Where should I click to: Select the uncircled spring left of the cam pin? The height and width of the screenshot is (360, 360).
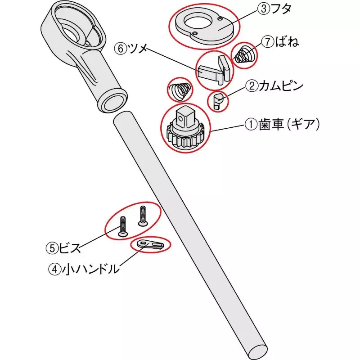coord(179,90)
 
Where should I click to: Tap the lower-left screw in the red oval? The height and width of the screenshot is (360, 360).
coord(123,226)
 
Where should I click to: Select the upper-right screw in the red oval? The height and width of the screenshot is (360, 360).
coord(143,215)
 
